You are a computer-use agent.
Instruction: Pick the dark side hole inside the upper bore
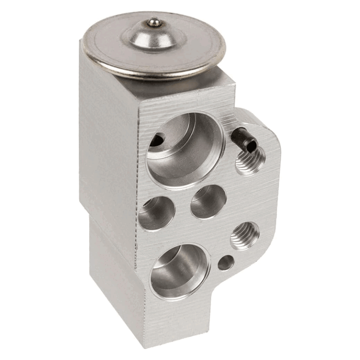[x=159, y=139]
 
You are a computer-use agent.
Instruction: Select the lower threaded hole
[x=245, y=235]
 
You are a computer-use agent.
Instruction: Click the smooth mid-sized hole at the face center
[x=208, y=202]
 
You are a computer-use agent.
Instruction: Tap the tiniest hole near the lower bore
[x=226, y=262]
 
